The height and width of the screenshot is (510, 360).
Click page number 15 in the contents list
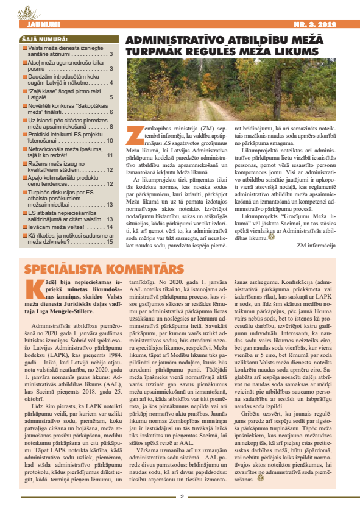tap(110, 241)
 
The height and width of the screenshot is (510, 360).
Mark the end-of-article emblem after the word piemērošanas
tap(260, 476)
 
